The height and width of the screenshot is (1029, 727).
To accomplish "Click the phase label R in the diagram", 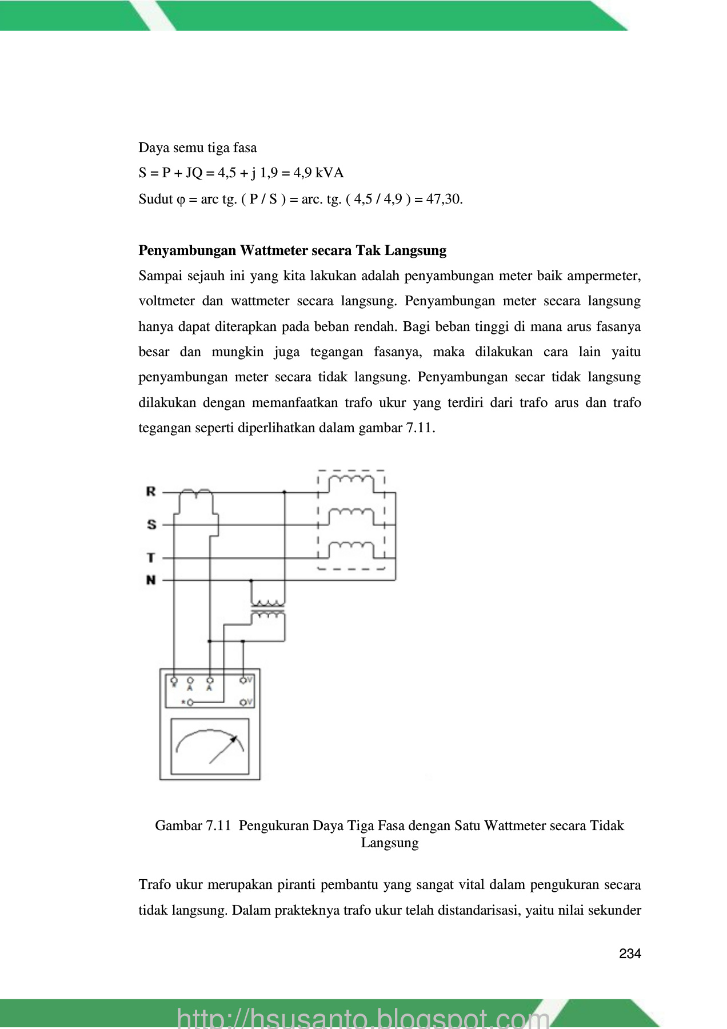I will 151,492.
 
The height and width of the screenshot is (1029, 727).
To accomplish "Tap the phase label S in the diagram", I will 151,524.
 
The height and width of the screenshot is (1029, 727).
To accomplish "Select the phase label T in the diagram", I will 151,557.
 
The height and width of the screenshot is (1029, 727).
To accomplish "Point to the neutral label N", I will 151,580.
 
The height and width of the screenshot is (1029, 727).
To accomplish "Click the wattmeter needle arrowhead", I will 233,740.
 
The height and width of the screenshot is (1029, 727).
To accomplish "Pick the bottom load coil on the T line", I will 351,548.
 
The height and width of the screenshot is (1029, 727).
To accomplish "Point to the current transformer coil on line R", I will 196,493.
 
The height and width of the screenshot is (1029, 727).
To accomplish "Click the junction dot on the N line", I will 251,580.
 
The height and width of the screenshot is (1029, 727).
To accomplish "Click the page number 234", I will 630,954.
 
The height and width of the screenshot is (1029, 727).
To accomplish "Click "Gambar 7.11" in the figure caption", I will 193,825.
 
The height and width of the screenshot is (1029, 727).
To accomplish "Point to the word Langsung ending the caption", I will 390,843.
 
